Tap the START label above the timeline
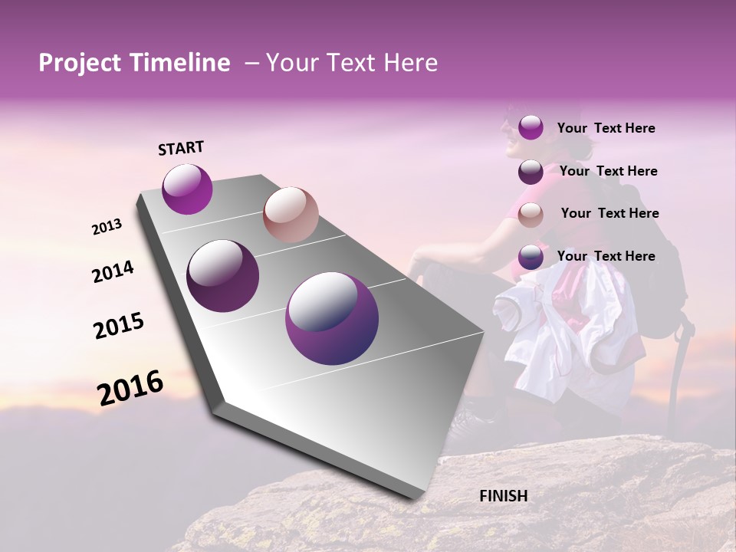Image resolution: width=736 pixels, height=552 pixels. (x=181, y=148)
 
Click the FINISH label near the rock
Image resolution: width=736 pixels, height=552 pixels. (x=503, y=496)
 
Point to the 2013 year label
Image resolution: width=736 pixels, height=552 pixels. (x=107, y=227)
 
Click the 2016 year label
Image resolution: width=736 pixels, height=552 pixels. (x=130, y=388)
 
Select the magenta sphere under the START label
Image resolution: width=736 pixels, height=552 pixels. (x=187, y=189)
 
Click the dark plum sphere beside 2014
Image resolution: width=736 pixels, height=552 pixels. (x=223, y=276)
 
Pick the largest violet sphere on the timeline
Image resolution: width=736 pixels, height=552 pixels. (x=332, y=318)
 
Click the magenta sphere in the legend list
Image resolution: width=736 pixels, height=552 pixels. (x=531, y=127)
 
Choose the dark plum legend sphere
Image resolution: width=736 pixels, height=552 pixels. (x=531, y=172)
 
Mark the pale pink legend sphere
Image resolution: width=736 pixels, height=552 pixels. (x=531, y=215)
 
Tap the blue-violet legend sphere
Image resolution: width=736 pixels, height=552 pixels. (x=531, y=257)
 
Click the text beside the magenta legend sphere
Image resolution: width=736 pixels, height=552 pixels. (x=606, y=128)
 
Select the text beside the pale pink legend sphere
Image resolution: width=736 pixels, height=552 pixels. (x=609, y=213)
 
